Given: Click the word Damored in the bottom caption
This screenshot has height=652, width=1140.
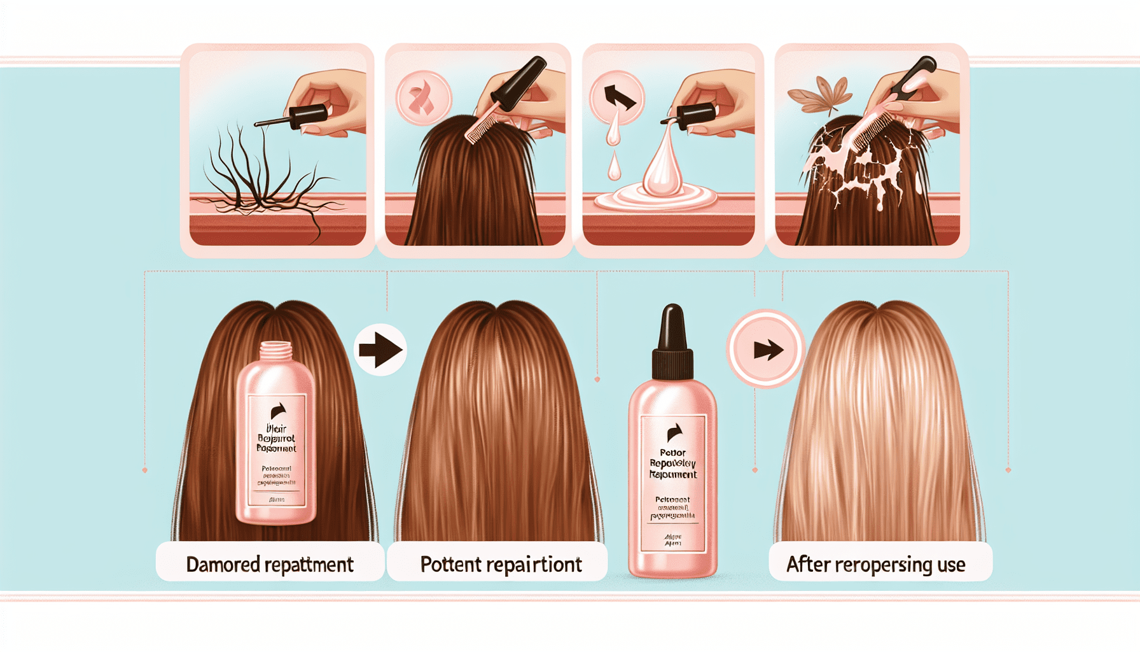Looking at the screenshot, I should tap(223, 564).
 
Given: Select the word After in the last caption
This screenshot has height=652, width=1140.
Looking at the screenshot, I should tap(809, 564).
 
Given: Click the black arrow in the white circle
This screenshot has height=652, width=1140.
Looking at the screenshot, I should tap(380, 350).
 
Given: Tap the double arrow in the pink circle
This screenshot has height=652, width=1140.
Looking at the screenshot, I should tap(767, 350).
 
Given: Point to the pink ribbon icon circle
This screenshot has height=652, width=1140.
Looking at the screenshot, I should tap(423, 99).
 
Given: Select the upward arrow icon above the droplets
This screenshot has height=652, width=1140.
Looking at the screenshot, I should tap(618, 97).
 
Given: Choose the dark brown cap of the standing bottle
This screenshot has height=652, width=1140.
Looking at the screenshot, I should tap(672, 344).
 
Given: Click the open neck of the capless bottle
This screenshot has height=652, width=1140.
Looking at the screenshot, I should tap(276, 349).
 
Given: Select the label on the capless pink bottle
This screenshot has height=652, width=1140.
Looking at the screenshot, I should tap(277, 449).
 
